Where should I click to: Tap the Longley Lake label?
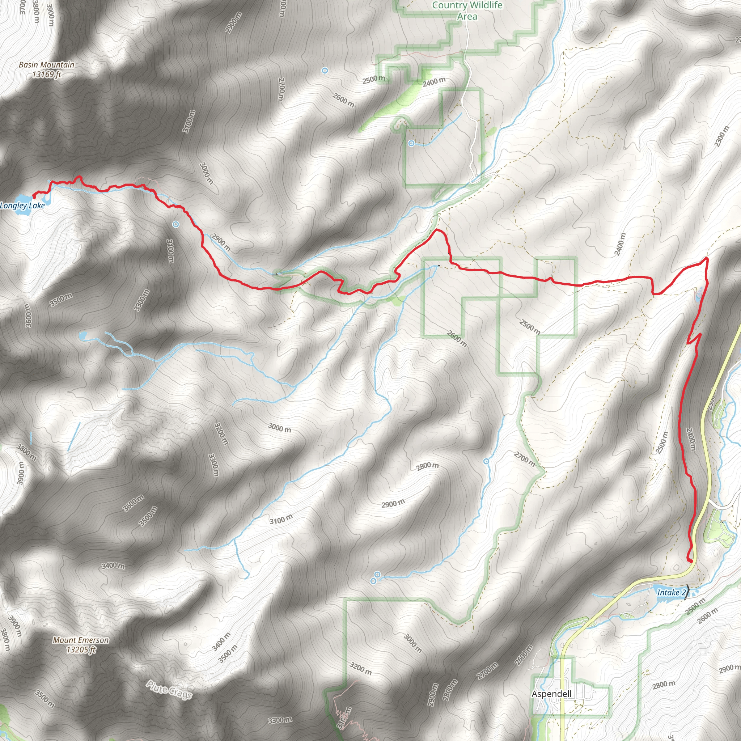pyautogui.click(x=22, y=206)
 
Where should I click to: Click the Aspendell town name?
pyautogui.click(x=551, y=694)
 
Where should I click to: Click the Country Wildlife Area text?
pyautogui.click(x=467, y=11)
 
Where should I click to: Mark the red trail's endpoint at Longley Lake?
pyautogui.click(x=34, y=197)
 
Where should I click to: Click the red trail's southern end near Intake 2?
pyautogui.click(x=691, y=561)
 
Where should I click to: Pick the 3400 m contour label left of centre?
pyautogui.click(x=113, y=566)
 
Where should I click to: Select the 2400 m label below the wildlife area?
pyautogui.click(x=434, y=81)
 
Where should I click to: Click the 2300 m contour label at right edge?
pyautogui.click(x=721, y=136)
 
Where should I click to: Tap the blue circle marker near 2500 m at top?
pyautogui.click(x=325, y=71)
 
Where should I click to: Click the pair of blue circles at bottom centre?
pyautogui.click(x=375, y=577)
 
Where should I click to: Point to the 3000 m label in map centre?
pyautogui.click(x=280, y=427)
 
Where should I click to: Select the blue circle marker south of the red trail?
pyautogui.click(x=175, y=224)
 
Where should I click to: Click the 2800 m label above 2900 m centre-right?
pyautogui.click(x=427, y=466)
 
